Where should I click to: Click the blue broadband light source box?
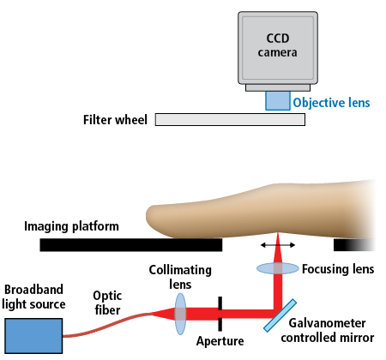tap(33, 336)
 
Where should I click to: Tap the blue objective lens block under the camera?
tap(278, 100)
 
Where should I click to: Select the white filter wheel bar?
tap(230, 119)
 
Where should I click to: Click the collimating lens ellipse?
tap(180, 314)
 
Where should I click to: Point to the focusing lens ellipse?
tap(278, 268)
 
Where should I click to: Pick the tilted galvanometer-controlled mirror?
tap(280, 315)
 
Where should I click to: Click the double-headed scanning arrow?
tap(278, 245)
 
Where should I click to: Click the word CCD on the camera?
tap(278, 39)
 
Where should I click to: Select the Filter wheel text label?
tap(115, 120)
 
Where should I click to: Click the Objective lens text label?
tap(331, 103)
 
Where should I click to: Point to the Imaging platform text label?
tap(71, 226)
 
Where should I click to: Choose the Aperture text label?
tap(220, 341)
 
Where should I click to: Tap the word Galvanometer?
tap(327, 323)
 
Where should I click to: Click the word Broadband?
tap(33, 290)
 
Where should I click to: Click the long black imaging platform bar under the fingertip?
tap(131, 245)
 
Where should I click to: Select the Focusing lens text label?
tap(338, 269)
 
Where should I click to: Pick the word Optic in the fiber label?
tap(107, 296)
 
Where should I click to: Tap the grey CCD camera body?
tap(278, 48)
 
